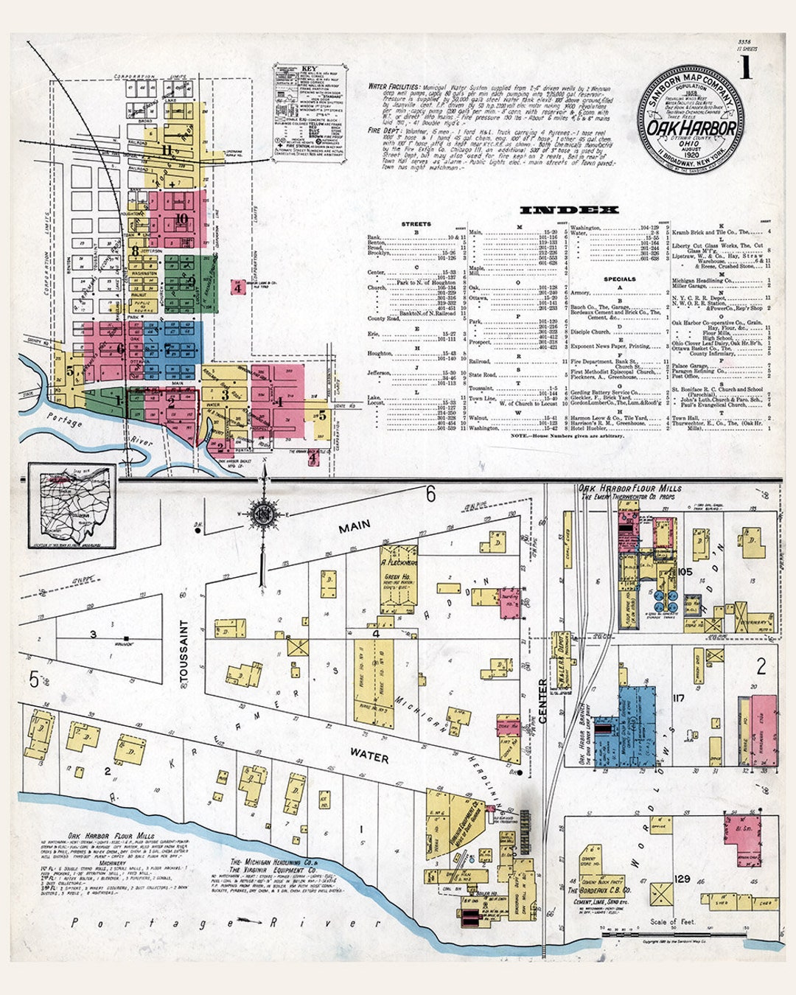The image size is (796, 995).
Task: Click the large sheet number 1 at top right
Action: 747,67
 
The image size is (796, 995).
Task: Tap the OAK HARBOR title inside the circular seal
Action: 691,128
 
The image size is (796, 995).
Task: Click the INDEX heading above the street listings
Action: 569,210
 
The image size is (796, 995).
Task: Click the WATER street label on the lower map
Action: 369,755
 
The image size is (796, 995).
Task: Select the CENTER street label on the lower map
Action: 542,701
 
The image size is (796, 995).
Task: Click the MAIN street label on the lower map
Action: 355,527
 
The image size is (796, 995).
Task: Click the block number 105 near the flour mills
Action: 685,572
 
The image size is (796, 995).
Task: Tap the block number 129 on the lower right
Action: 682,879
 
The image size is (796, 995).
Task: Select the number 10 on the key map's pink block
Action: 181,219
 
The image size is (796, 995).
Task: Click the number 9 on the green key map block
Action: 190,281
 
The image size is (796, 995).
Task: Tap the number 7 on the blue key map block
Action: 167,348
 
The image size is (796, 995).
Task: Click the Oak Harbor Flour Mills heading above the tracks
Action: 629,488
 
